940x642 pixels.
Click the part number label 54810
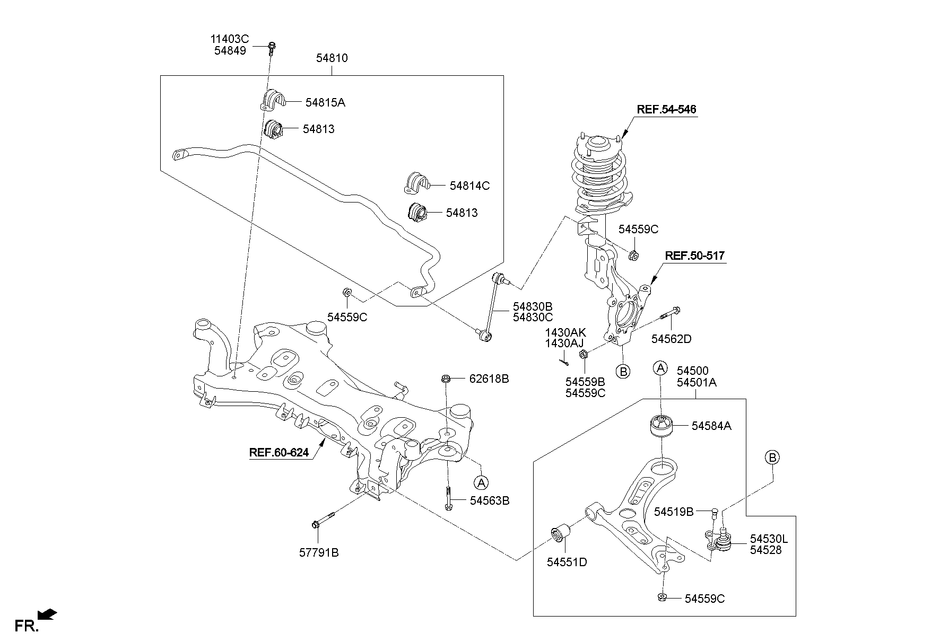[332, 58]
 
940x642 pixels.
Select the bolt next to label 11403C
[272, 48]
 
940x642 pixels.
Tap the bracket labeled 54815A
[273, 100]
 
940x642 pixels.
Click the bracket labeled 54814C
[416, 183]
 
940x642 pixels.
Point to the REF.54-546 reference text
[666, 110]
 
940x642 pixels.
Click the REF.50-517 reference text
[694, 256]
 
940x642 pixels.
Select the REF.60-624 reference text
[278, 453]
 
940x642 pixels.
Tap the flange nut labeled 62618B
[446, 379]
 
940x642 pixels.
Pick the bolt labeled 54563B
[448, 499]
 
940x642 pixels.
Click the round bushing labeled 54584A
[661, 426]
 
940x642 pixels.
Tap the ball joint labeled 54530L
[723, 541]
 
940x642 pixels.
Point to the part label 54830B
[532, 306]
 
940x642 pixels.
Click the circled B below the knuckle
[624, 371]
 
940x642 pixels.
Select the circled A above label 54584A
[660, 367]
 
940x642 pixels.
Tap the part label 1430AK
[565, 332]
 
